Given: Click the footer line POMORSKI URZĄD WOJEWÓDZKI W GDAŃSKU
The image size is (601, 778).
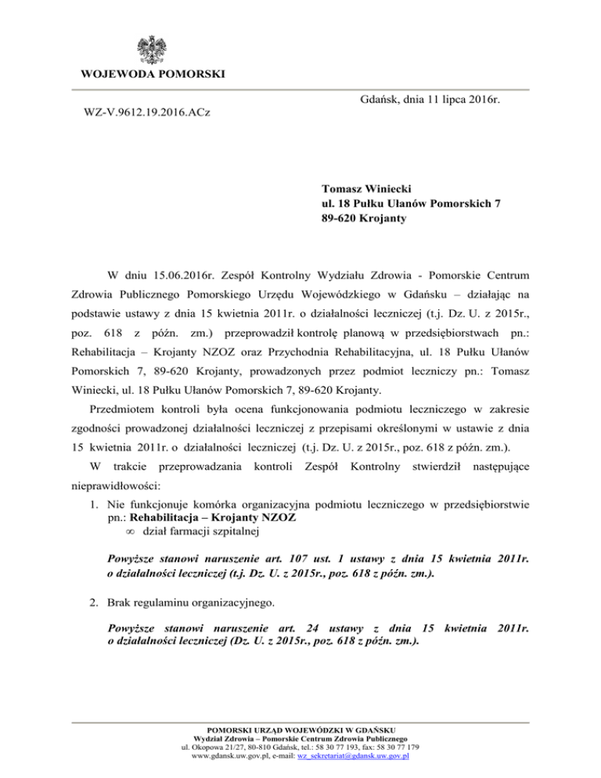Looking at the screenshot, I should (300, 729).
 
